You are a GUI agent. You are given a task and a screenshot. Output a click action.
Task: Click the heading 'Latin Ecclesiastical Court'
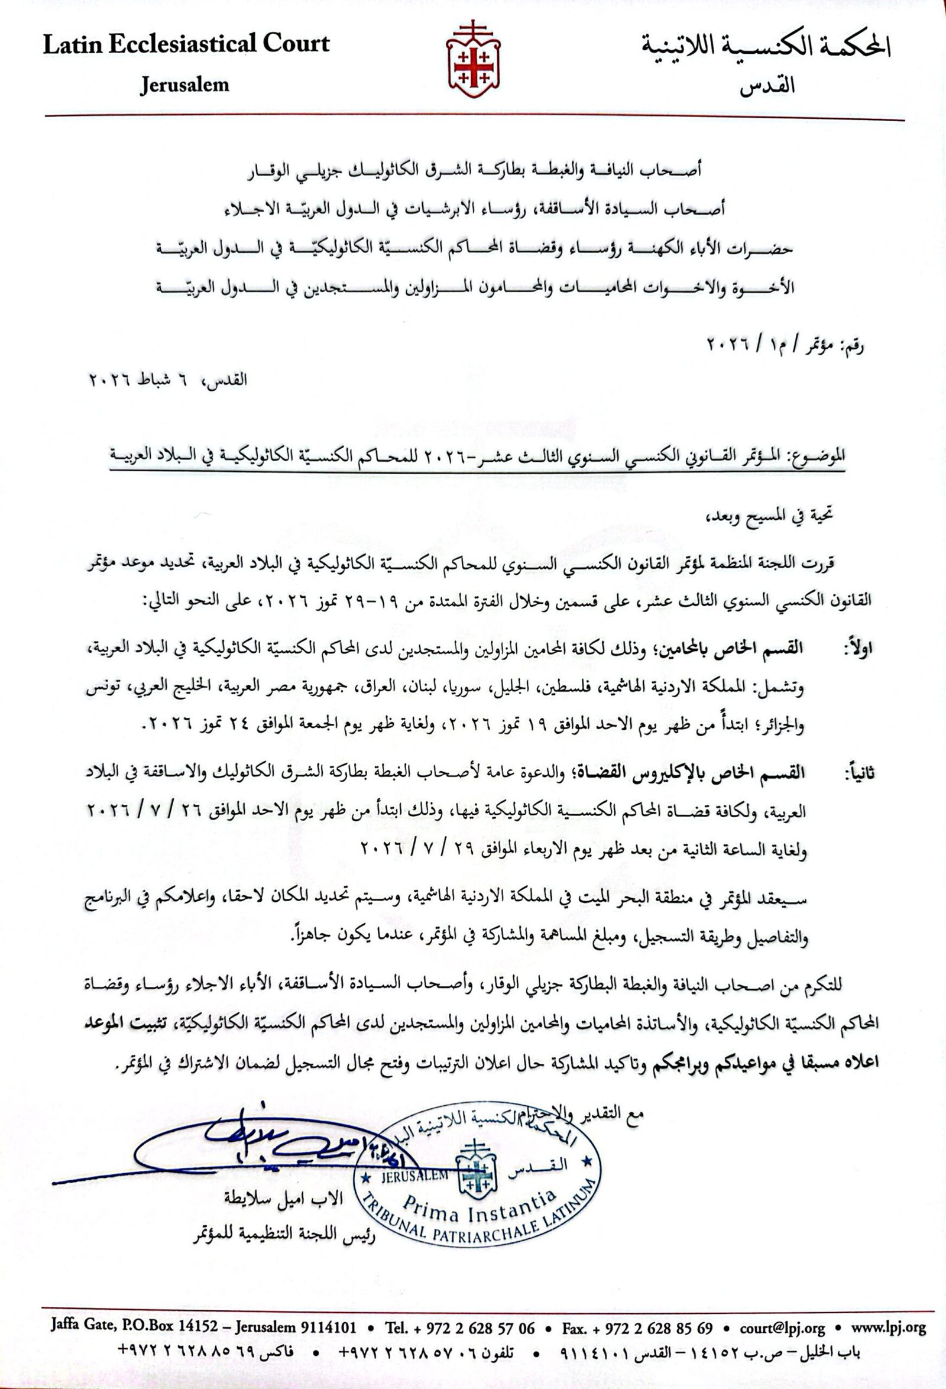coord(186,44)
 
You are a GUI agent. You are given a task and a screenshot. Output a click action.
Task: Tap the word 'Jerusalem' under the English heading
coord(184,85)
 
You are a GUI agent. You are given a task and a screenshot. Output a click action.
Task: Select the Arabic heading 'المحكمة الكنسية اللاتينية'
coord(766,48)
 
